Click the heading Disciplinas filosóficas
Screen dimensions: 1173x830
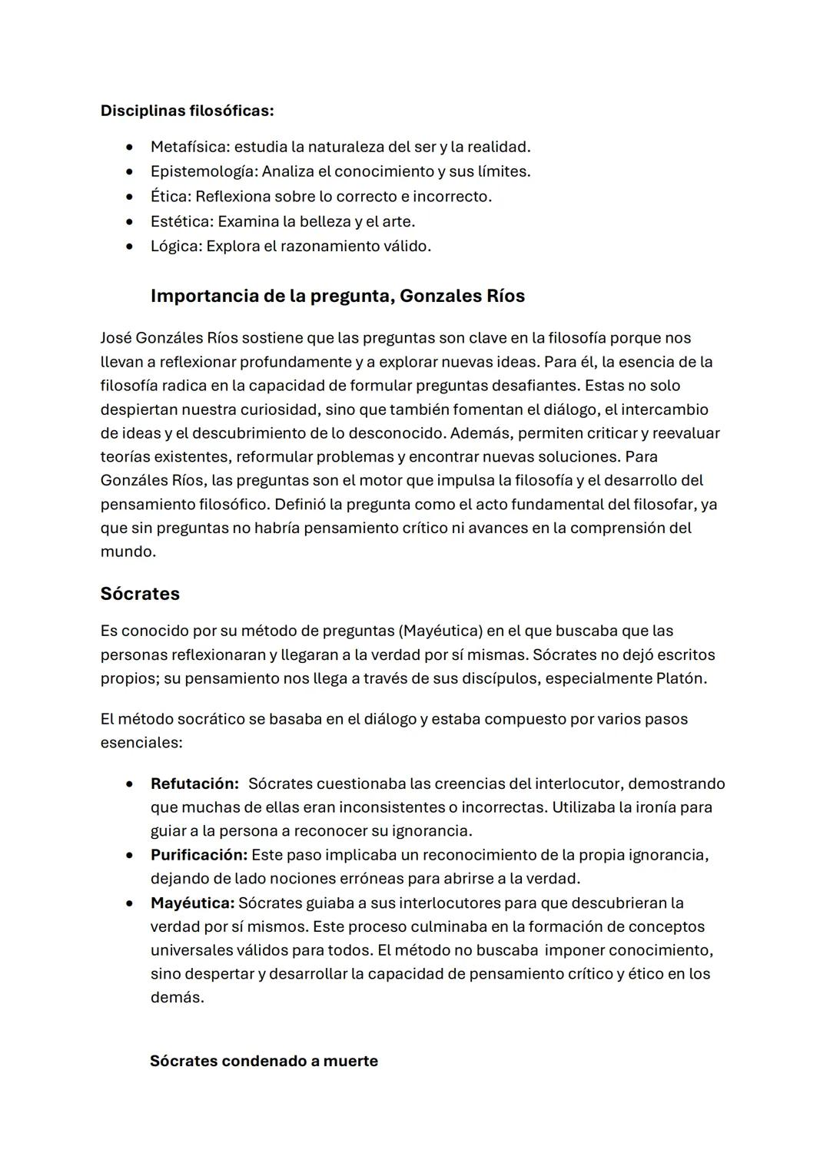point(187,111)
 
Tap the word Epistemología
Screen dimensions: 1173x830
point(203,171)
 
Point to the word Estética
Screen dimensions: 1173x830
point(181,221)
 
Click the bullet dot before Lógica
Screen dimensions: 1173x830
point(131,247)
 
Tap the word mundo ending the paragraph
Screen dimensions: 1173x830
point(128,552)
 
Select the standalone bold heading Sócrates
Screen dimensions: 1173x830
point(140,594)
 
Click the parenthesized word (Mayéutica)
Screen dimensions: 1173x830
point(440,631)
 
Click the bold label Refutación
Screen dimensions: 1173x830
point(194,784)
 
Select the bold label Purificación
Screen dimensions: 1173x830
point(198,855)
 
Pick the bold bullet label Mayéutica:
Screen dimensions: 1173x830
point(192,903)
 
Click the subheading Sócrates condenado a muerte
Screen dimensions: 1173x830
point(264,1062)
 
